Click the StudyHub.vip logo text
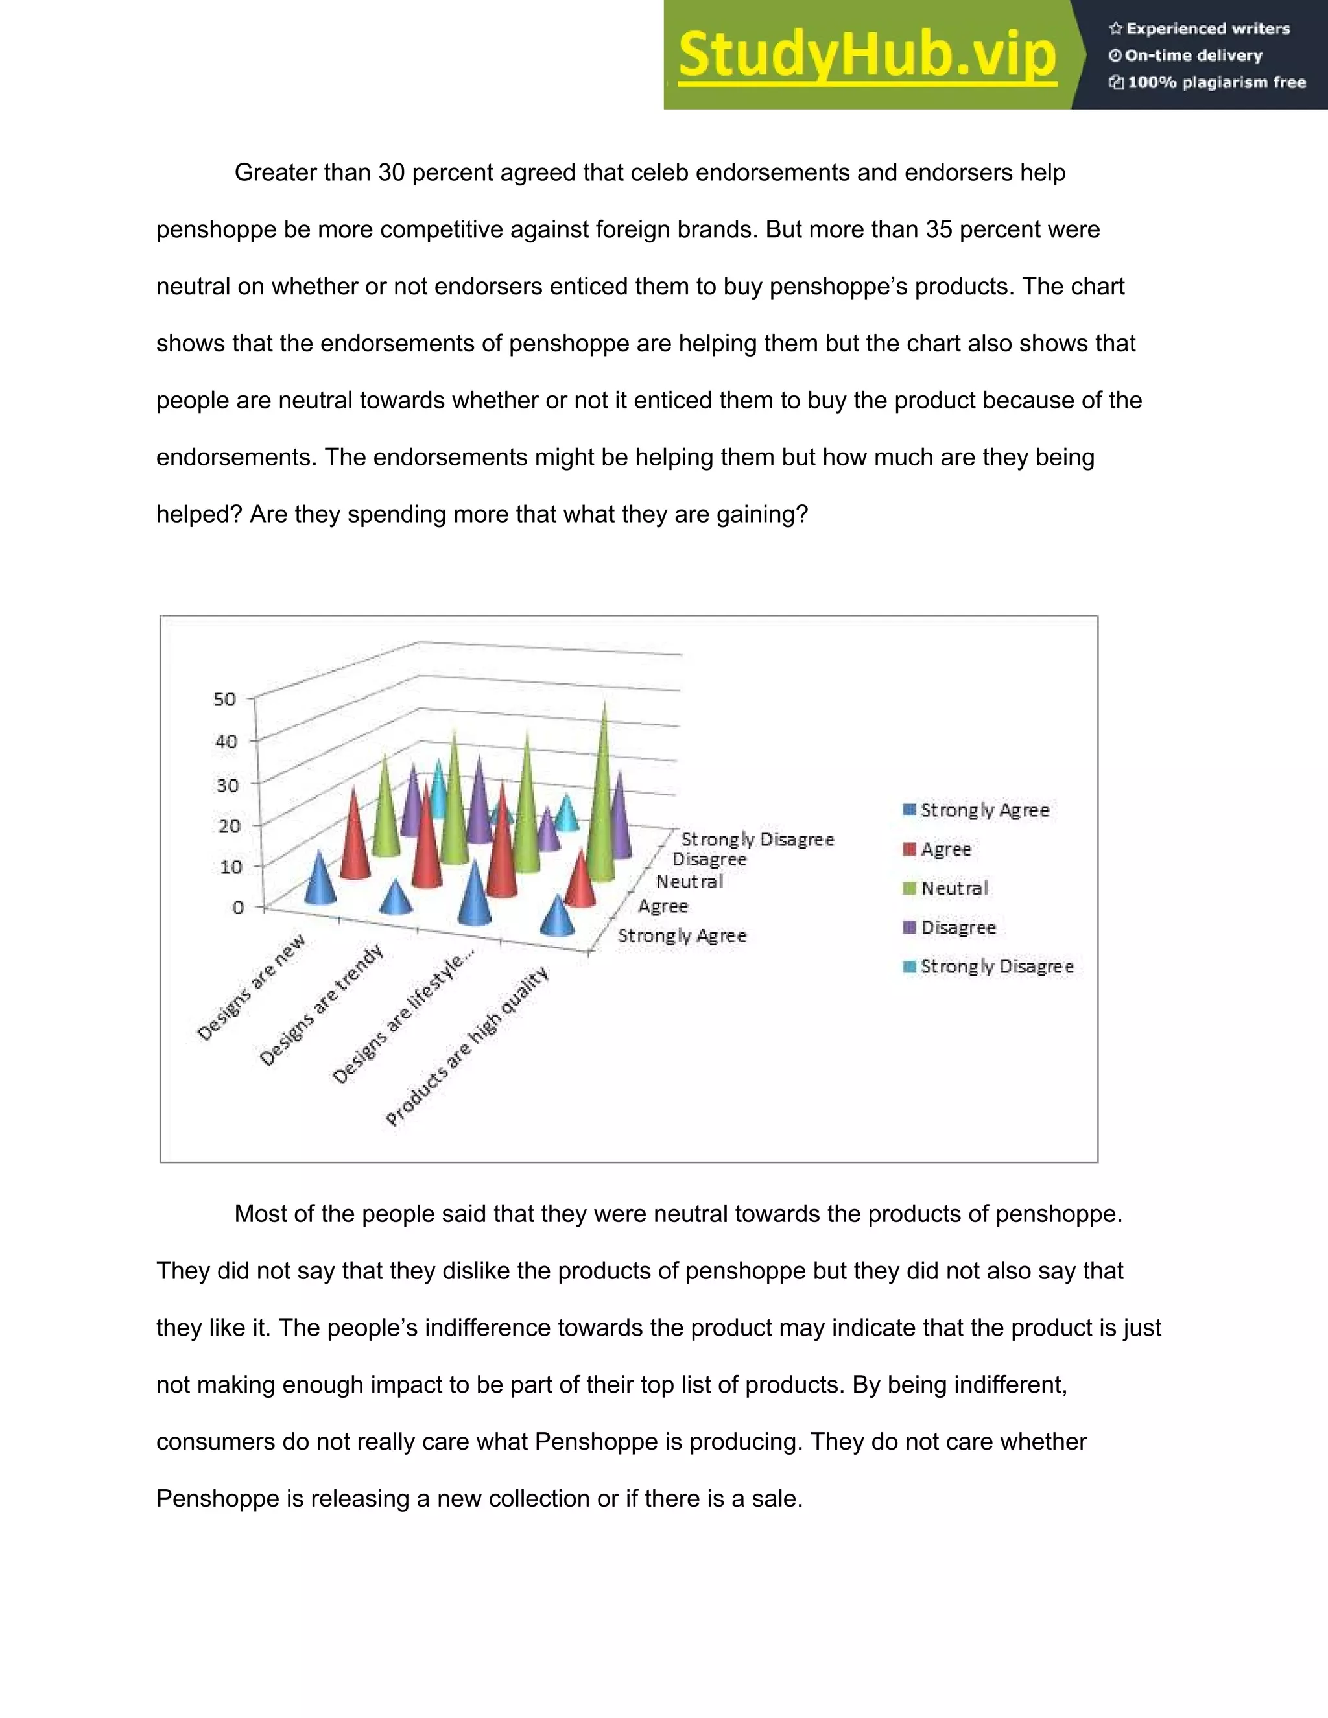click(x=866, y=55)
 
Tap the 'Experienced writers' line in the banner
click(x=1200, y=29)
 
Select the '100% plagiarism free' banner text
click(x=1207, y=82)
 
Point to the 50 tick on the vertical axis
click(x=224, y=700)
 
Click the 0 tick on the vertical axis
click(x=237, y=908)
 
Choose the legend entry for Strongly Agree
click(x=977, y=810)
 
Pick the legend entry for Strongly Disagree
click(x=988, y=967)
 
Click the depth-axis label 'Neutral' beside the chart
click(x=689, y=882)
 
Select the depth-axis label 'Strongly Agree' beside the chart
click(x=682, y=936)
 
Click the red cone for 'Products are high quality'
click(x=580, y=882)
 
